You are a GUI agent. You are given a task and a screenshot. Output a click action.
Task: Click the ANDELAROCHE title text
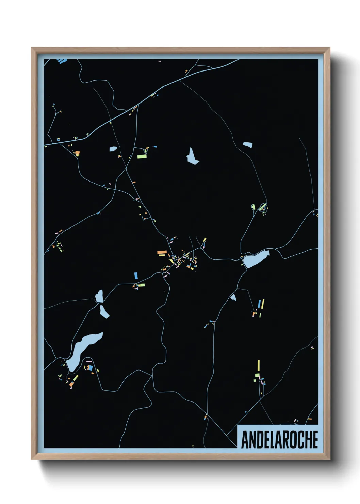[x=279, y=440]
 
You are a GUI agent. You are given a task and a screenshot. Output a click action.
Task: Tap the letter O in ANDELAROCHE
[x=292, y=440]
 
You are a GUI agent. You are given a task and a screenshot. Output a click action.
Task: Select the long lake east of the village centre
[x=256, y=259]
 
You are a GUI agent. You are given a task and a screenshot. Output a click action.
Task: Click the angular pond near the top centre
[x=192, y=156]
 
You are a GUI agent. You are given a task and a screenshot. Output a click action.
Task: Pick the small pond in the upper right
[x=248, y=145]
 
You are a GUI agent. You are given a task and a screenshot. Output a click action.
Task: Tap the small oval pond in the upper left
[x=113, y=149]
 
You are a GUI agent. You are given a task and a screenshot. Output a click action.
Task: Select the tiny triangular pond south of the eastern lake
[x=233, y=298]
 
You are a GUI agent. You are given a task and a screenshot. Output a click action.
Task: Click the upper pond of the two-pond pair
[x=99, y=296]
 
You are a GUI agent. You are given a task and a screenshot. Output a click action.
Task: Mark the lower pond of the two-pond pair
[x=104, y=312]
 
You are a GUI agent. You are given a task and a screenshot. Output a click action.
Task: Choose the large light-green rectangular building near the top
[x=142, y=157]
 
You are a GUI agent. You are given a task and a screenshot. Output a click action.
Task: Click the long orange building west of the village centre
[x=162, y=252]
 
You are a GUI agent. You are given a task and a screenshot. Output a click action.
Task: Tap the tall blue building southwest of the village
[x=136, y=275]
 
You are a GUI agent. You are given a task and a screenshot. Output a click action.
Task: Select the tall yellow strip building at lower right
[x=259, y=366]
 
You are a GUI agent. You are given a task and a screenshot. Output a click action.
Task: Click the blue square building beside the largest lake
[x=90, y=368]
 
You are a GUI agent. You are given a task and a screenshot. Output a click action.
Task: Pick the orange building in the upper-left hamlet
[x=77, y=152]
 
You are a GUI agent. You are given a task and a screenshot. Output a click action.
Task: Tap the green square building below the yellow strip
[x=257, y=375]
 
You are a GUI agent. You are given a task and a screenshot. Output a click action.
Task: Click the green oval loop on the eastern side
[x=262, y=207]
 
